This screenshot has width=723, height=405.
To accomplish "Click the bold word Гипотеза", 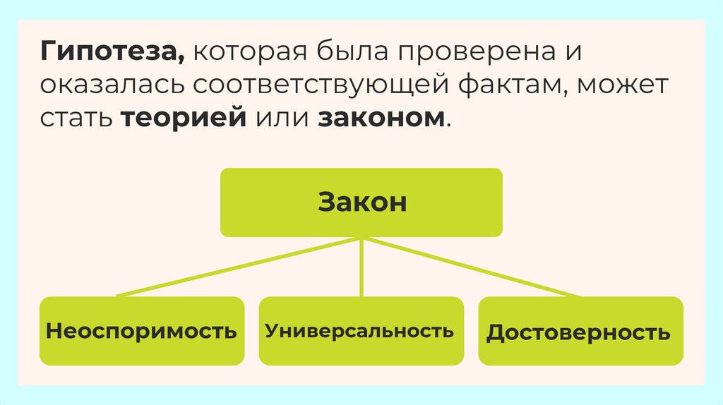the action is point(110,53).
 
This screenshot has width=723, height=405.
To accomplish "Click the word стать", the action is point(76,117).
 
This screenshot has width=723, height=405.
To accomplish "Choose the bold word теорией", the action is point(183,117).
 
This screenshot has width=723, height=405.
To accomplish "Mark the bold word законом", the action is point(381,117).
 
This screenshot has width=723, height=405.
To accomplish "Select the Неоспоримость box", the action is point(141,331).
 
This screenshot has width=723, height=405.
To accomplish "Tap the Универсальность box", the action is point(361,331).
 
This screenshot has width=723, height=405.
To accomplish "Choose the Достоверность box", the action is point(580,332).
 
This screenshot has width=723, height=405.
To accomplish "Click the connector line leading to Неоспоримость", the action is point(240,267).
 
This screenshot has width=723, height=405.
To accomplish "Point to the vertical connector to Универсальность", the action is point(361,268).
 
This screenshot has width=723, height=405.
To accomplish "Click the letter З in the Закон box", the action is point(325,202).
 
